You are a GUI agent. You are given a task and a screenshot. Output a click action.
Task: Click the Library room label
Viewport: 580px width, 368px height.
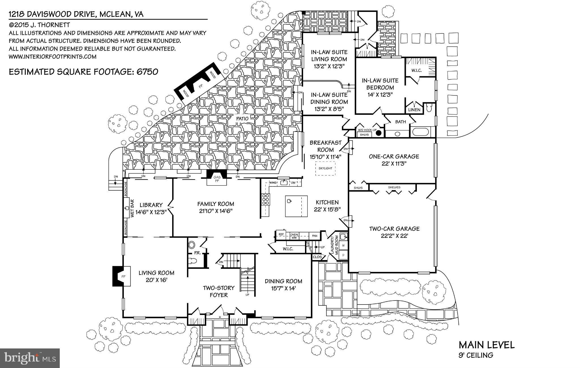pos(151,205)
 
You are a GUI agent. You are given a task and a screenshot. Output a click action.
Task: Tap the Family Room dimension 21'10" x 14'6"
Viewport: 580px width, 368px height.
pos(216,211)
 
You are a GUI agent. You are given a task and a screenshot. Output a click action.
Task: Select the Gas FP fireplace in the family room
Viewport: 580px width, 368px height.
pos(217,179)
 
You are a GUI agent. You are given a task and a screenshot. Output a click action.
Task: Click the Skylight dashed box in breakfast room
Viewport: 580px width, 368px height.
pos(325,168)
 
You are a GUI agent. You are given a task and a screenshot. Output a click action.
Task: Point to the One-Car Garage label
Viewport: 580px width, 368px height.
pos(394,156)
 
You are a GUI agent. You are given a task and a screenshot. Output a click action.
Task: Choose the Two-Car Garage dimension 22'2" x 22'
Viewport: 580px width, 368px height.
pos(394,236)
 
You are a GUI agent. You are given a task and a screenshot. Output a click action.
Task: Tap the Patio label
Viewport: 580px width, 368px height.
pos(242,119)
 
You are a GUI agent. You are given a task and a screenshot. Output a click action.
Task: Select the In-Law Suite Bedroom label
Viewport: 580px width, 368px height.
pos(380,84)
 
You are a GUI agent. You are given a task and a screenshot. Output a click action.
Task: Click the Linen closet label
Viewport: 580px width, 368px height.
pos(414,110)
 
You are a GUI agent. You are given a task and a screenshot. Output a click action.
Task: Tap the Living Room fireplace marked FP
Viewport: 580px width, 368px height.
pos(122,276)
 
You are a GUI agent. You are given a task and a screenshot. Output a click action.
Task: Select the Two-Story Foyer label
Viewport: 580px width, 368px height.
pos(219,292)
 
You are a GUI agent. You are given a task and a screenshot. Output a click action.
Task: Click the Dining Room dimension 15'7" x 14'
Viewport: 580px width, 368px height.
pos(283,289)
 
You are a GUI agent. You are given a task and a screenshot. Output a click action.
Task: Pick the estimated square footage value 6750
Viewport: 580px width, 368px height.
pos(147,72)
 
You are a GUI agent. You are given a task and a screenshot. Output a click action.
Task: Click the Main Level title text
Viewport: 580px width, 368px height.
pos(486,345)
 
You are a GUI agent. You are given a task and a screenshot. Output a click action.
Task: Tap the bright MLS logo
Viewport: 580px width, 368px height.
pos(30,358)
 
